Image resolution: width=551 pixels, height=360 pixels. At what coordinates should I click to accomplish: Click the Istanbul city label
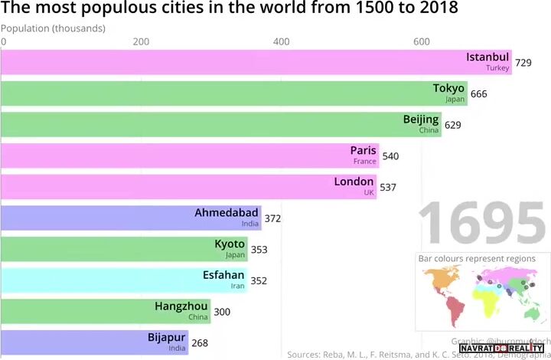[487, 57]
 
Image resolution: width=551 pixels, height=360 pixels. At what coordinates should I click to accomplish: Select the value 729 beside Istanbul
[523, 63]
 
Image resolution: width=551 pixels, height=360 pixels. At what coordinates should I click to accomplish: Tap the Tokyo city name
[448, 88]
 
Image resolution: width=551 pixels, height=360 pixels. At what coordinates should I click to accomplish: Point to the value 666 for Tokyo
[478, 94]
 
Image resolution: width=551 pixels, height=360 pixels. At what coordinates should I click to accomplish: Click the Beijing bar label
[421, 119]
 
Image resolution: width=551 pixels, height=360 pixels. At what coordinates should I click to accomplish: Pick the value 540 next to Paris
[390, 156]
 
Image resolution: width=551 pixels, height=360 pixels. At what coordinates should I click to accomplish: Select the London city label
[354, 182]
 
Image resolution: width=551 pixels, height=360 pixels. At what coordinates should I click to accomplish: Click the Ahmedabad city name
[227, 212]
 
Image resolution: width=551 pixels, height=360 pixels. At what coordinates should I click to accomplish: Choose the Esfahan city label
[224, 275]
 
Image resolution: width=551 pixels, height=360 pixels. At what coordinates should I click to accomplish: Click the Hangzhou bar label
[181, 306]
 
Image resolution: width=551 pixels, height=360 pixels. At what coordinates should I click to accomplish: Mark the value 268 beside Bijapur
[199, 343]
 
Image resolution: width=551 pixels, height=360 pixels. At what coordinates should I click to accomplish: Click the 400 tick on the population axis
[282, 41]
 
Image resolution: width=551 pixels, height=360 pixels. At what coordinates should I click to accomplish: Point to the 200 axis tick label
[141, 41]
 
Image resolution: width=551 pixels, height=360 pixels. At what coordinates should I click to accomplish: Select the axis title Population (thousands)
[53, 28]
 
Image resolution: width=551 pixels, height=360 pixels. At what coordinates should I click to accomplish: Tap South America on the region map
[456, 310]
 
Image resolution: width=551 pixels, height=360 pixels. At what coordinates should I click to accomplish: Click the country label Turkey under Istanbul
[497, 68]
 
